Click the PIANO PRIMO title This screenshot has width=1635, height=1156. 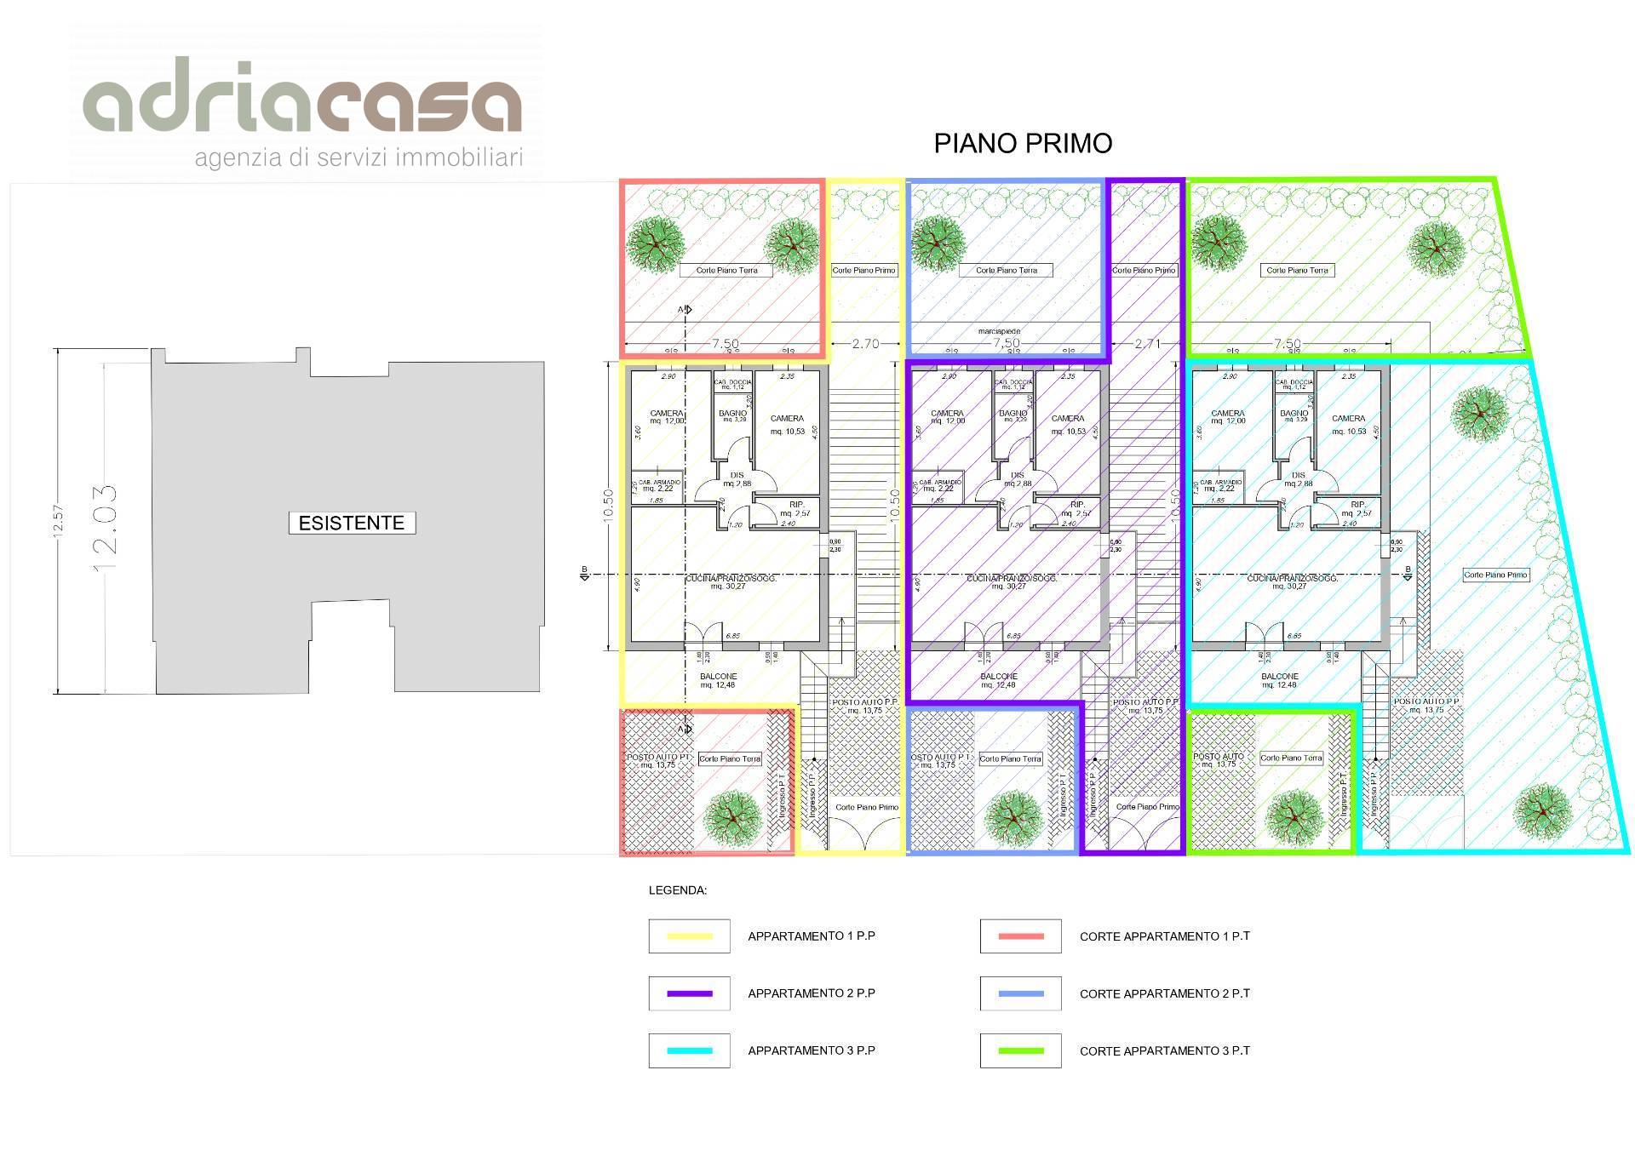(1023, 143)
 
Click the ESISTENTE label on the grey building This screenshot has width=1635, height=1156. (352, 523)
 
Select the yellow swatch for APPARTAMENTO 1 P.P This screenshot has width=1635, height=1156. (689, 936)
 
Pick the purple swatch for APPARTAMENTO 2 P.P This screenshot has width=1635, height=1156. (689, 993)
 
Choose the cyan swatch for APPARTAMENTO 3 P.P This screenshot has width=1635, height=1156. (689, 1050)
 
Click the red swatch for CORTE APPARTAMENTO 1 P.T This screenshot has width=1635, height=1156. (1020, 936)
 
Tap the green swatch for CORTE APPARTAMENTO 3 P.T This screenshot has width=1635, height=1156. (1020, 1050)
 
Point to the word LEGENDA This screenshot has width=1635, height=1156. (678, 891)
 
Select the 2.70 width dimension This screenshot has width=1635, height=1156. (865, 344)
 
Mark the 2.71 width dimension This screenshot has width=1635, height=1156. (1147, 344)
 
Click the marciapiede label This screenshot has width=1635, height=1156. (999, 331)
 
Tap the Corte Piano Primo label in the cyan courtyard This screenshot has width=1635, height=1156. (1495, 575)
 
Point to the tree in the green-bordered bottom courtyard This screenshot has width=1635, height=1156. (1294, 816)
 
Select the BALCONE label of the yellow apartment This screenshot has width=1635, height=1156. (719, 677)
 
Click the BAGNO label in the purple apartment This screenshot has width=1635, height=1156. (1013, 414)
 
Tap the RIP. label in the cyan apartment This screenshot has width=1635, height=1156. (1358, 505)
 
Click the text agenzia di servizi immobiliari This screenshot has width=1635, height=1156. (359, 158)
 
